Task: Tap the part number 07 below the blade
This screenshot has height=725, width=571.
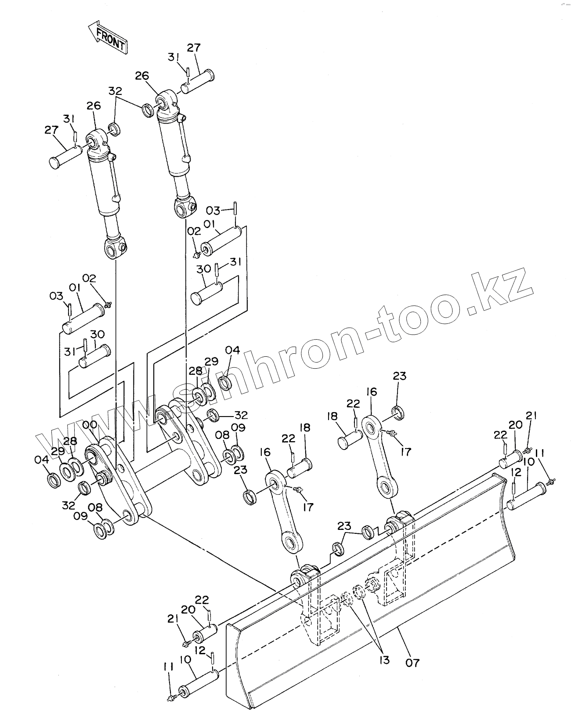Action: pos(412,662)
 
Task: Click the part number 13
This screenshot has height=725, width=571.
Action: pos(384,660)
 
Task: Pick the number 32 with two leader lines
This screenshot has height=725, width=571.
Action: pos(115,91)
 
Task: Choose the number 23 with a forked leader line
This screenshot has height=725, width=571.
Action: pos(344,526)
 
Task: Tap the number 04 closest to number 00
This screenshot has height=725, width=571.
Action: pos(41,460)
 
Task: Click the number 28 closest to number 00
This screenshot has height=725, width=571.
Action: pos(71,441)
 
